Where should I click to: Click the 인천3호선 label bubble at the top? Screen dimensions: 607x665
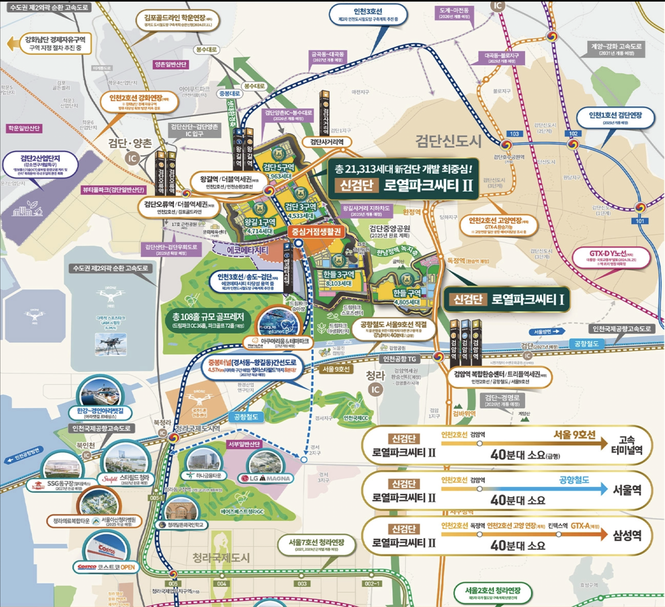[368, 15]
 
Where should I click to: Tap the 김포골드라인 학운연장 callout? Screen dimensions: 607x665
[178, 21]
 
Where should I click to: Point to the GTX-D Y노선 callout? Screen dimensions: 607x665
[611, 257]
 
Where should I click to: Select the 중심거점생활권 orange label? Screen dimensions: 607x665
[316, 232]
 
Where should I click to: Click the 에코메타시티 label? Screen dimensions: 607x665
[247, 251]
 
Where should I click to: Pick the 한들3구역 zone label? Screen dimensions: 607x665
[339, 278]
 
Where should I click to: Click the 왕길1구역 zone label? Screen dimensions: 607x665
[260, 225]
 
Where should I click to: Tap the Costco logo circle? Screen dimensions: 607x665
[106, 549]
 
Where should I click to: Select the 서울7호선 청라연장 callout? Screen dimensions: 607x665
[317, 545]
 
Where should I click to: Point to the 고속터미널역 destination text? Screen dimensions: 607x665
[627, 445]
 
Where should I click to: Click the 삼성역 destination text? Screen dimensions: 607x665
[627, 535]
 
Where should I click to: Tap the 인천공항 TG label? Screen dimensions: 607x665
[399, 359]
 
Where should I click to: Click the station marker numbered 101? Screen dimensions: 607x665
[640, 221]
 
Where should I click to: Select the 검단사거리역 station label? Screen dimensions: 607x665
[327, 142]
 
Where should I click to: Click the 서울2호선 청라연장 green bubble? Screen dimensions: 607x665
[493, 593]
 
